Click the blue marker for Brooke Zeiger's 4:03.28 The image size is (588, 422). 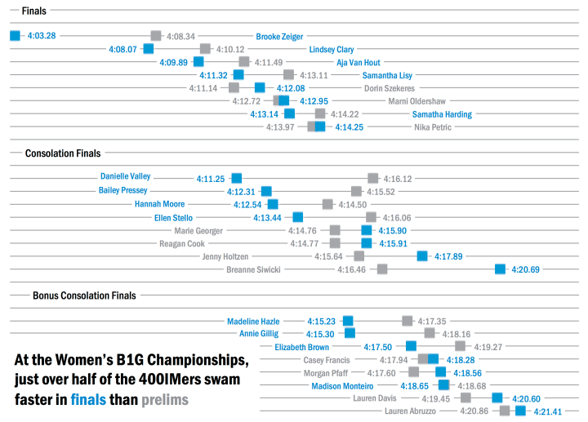coord(14,36)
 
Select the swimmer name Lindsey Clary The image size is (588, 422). coord(331,49)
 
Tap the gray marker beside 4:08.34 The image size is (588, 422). coord(156,36)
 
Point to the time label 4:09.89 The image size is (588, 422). coord(174,62)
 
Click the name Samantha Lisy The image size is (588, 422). coord(388,75)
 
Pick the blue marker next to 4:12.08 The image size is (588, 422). coord(260,88)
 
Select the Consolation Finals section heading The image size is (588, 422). coord(63,153)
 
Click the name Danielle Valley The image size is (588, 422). coord(125,176)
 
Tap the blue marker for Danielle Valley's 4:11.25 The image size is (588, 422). coord(236,178)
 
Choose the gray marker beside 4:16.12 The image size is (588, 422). coord(372,178)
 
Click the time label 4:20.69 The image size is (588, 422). coord(525,269)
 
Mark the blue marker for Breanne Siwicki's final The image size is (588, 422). coord(500,269)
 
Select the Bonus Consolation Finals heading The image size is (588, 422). coord(84,295)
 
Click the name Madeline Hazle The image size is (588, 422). coord(253,321)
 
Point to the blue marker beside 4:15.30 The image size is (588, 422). coord(350,333)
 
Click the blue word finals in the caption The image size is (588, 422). coord(88,400)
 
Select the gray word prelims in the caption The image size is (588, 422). coord(164,400)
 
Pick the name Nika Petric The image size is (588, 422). coord(433,127)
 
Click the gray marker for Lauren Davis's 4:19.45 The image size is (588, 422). coord(465,398)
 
